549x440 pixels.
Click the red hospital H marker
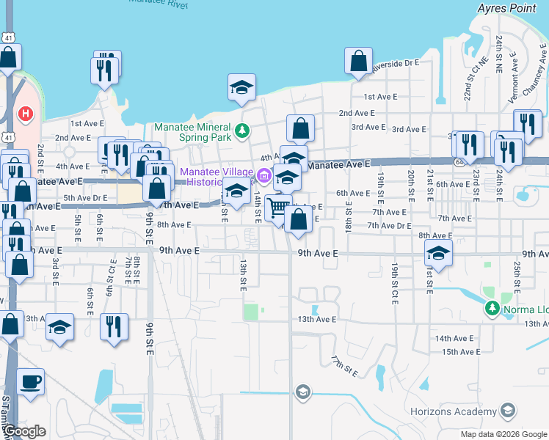tap(26, 114)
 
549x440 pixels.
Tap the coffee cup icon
tap(30, 382)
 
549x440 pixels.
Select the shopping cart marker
tap(278, 208)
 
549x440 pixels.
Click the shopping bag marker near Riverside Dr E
tap(358, 62)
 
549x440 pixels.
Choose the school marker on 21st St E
tap(438, 254)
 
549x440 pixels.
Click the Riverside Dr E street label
tap(396, 64)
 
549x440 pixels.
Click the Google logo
tap(24, 431)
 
